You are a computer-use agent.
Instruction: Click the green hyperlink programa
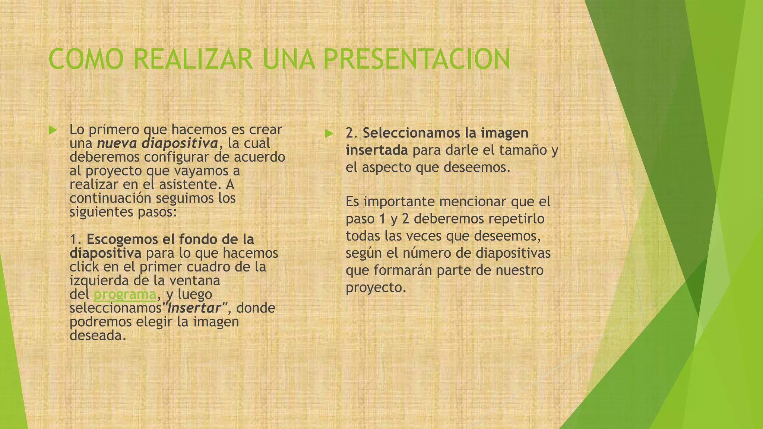(x=125, y=295)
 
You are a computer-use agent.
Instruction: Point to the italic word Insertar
(x=194, y=308)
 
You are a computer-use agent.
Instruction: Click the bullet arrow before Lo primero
(x=53, y=130)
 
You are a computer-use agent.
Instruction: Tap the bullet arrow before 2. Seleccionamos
(x=328, y=133)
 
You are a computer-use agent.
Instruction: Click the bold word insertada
(x=377, y=150)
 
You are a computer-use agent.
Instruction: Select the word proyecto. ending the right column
(x=376, y=287)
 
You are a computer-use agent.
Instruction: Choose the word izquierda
(x=99, y=281)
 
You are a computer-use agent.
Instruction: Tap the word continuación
(x=110, y=198)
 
